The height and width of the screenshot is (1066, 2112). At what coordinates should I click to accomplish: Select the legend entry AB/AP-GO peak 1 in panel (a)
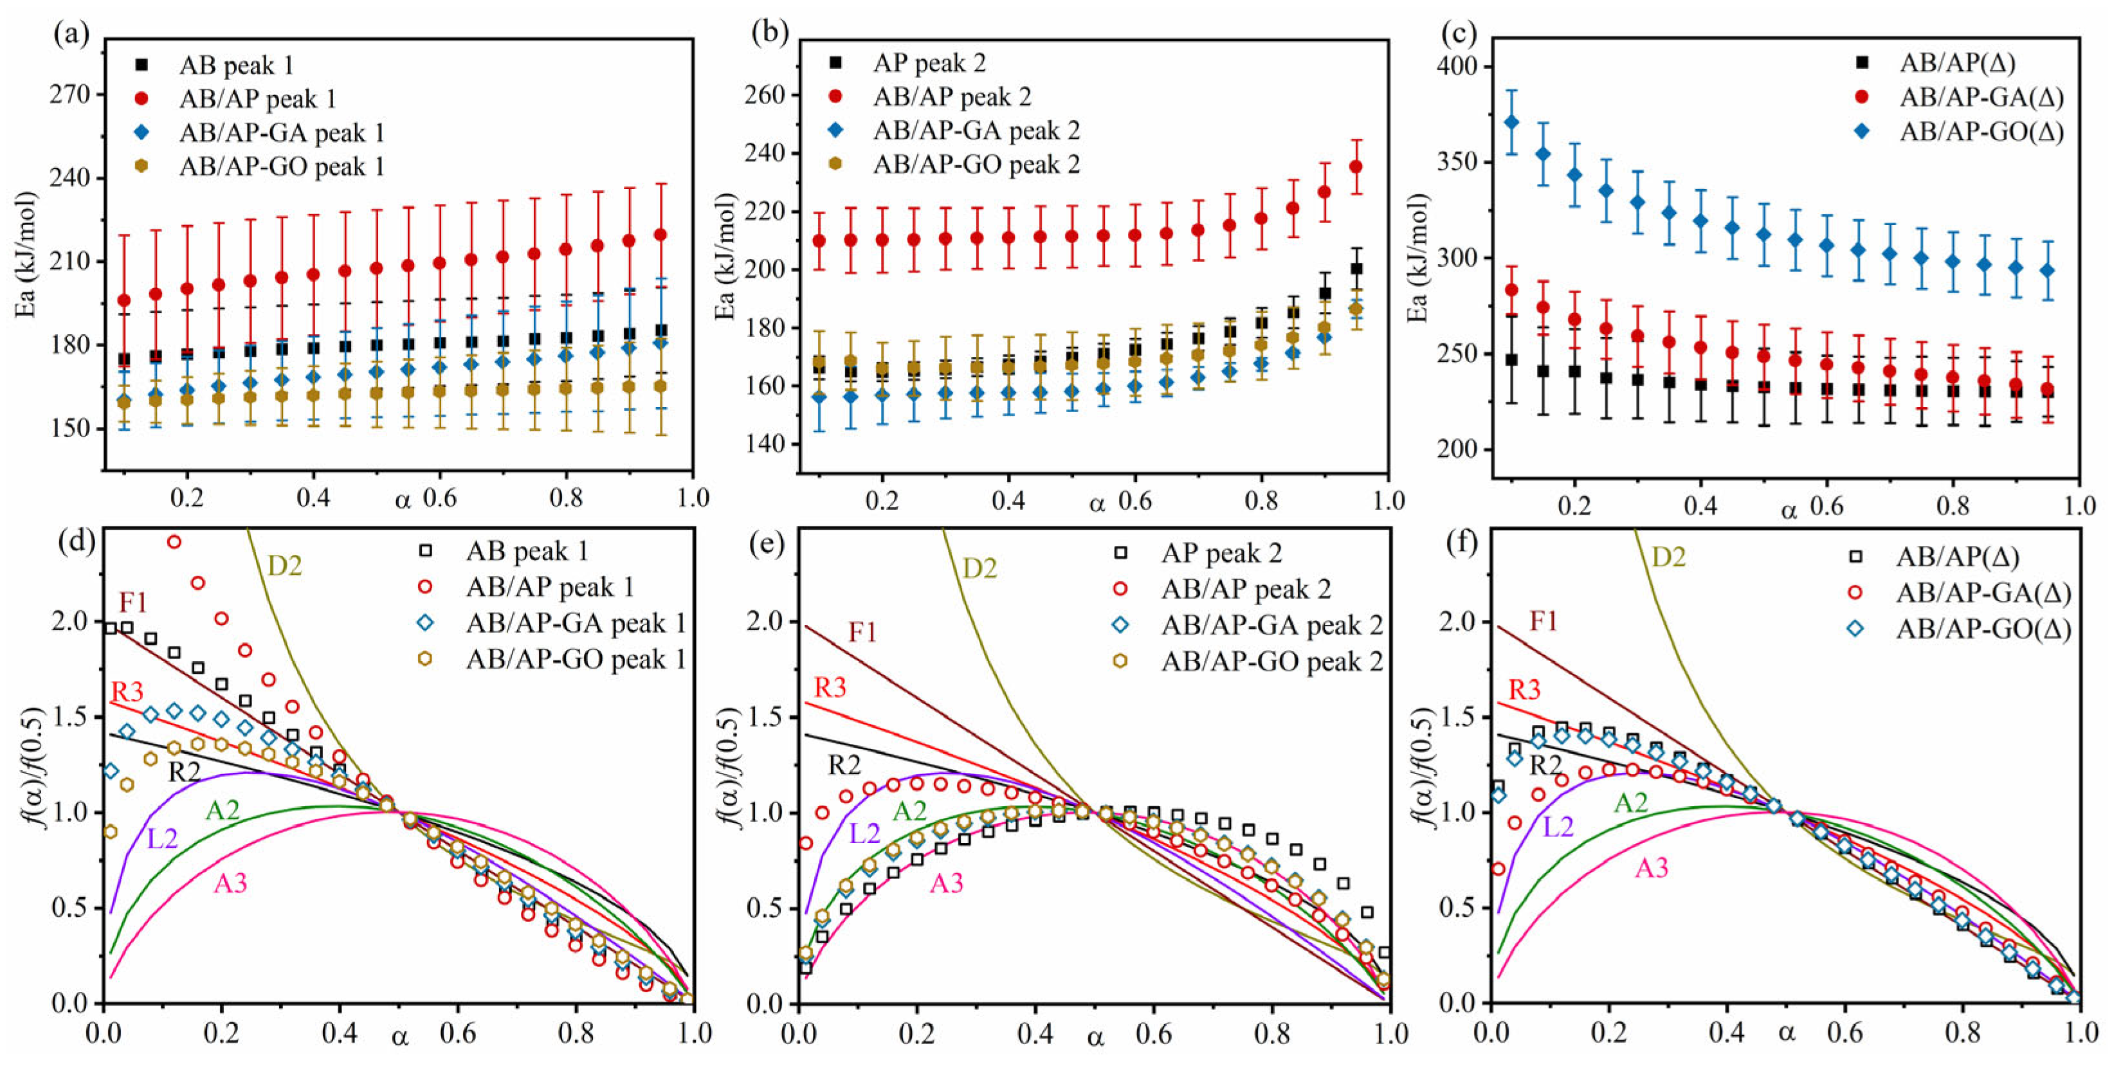(281, 167)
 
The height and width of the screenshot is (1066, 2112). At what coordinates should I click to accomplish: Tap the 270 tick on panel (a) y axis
(71, 95)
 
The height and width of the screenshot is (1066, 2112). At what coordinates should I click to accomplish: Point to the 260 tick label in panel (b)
(763, 95)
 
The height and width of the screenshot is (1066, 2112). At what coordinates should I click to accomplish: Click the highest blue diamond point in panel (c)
(1512, 122)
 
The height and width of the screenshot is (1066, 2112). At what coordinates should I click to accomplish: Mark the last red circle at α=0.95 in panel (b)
(1356, 167)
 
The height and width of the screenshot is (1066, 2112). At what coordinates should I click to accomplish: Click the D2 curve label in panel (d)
(284, 565)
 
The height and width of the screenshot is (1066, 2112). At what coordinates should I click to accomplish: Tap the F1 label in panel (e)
(862, 632)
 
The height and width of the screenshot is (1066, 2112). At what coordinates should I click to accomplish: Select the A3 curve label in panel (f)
(1652, 868)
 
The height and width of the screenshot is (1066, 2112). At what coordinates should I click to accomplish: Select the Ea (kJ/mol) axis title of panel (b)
(725, 257)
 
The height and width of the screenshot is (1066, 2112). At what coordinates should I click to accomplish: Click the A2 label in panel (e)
(909, 811)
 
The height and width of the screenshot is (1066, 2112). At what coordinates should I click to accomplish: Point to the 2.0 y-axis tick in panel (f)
(1456, 621)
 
